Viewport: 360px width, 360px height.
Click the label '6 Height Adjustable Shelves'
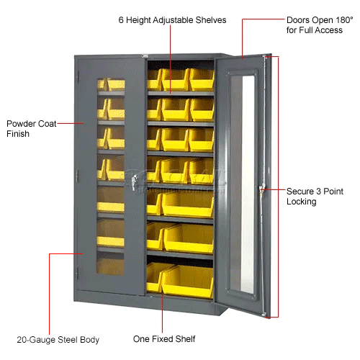tap(171, 20)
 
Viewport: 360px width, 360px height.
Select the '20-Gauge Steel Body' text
tap(58, 339)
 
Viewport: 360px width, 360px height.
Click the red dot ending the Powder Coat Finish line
tap(84, 123)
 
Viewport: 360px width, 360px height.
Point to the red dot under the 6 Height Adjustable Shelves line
tap(171, 91)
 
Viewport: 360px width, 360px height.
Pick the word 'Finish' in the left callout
tap(18, 134)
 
